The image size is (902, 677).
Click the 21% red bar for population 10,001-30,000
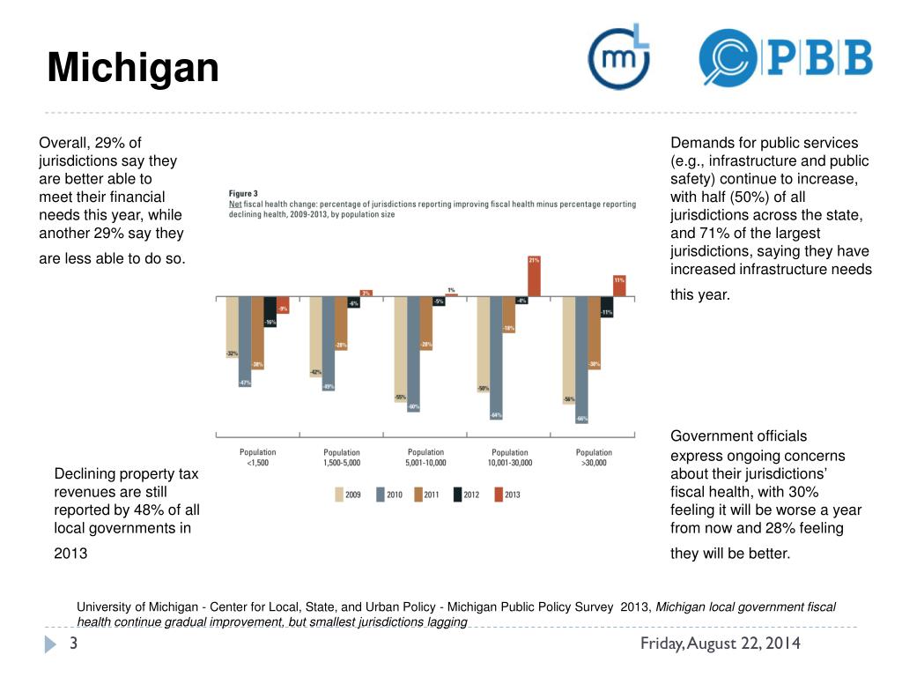click(534, 277)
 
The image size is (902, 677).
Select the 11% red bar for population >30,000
click(619, 286)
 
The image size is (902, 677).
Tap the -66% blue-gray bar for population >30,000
click(581, 359)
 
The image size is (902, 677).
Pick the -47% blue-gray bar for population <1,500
click(244, 341)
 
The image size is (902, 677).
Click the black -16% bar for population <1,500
click(270, 312)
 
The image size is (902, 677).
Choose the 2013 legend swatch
click(499, 495)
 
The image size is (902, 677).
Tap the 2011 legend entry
click(427, 495)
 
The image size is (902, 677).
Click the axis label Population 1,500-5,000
click(341, 457)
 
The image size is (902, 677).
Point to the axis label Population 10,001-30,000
click(509, 457)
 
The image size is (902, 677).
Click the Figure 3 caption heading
click(243, 193)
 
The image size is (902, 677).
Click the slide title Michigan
click(133, 68)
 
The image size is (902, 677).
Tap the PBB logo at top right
click(785, 57)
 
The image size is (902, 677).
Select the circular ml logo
click(618, 57)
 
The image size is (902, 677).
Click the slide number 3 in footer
click(74, 644)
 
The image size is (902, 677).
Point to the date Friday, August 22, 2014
click(720, 644)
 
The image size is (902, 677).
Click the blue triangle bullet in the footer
click(50, 644)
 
